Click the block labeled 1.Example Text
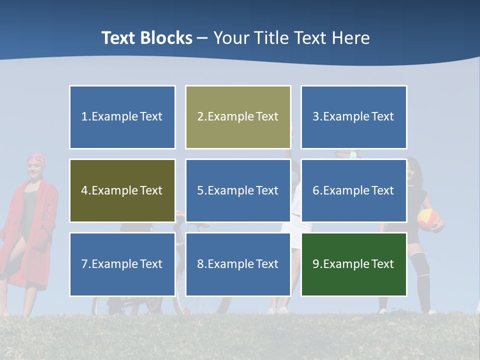pos(122,117)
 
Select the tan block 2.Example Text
pos(237,117)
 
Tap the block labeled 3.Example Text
pos(353,117)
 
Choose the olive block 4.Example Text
pos(122,190)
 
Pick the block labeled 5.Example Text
pos(237,190)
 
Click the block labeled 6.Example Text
pos(353,190)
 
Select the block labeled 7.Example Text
pos(122,264)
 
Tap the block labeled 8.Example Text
pos(237,264)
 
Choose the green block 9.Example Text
pos(353,264)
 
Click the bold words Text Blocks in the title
pos(146,38)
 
